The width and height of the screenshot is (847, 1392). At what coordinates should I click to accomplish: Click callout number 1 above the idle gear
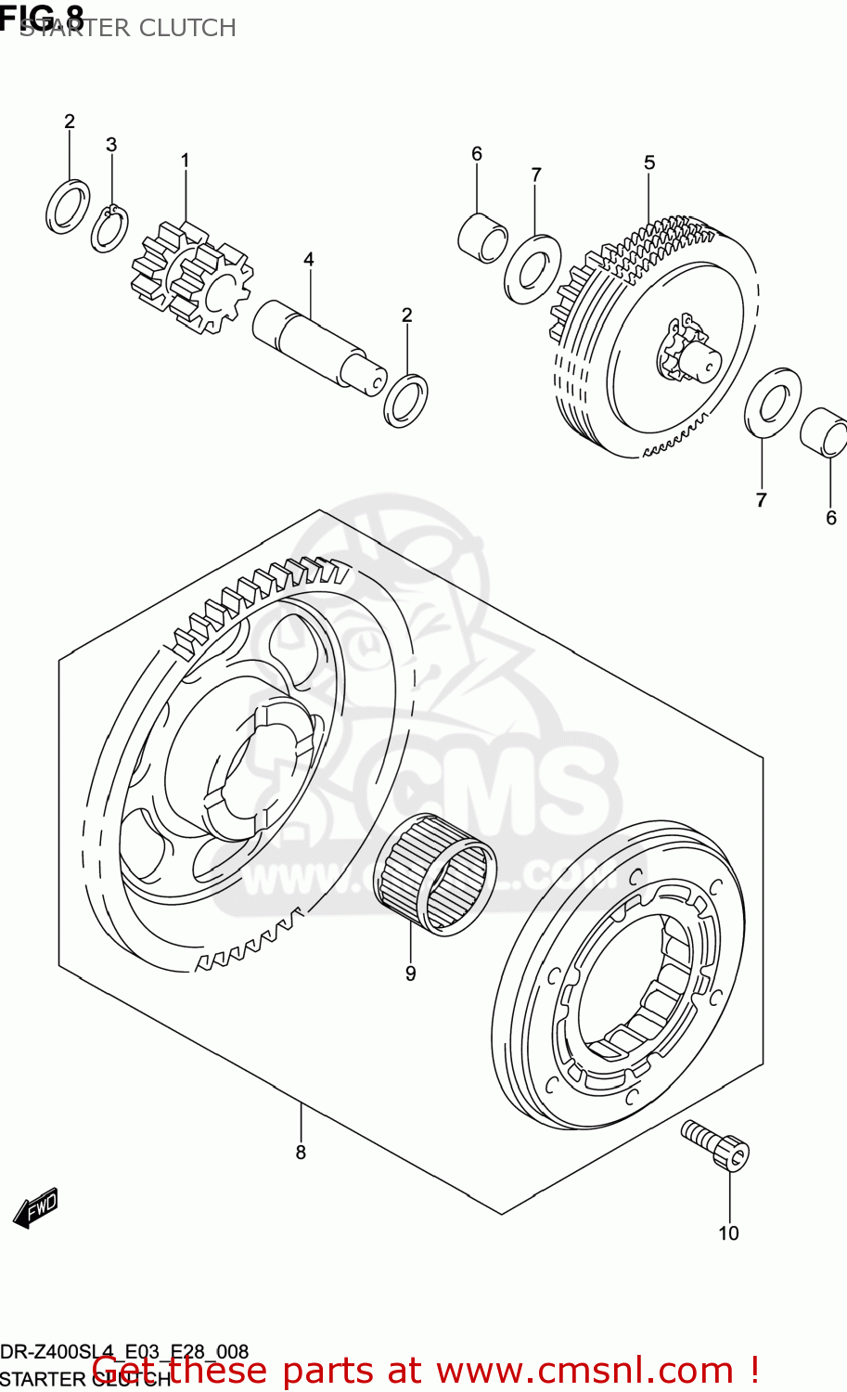point(185,161)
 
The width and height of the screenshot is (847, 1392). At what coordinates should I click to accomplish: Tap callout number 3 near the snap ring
point(111,145)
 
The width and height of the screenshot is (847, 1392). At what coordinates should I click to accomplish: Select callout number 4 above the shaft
point(309,259)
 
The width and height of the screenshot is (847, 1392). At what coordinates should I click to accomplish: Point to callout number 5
point(649,162)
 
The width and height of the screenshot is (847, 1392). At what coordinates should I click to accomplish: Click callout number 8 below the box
point(301,1152)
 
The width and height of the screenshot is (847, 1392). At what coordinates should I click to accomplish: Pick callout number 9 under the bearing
point(410,973)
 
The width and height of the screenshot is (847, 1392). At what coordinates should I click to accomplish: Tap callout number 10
point(728,1232)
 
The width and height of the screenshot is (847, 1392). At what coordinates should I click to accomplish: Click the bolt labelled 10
point(715,1144)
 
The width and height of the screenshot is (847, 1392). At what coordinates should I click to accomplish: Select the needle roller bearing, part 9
point(432,873)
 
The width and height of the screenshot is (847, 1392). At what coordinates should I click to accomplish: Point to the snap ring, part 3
point(109,228)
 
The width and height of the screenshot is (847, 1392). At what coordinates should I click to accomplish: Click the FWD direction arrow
point(36,1208)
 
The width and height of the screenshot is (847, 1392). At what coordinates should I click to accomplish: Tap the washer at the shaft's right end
point(405,400)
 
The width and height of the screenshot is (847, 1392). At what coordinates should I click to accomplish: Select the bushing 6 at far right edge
point(824,432)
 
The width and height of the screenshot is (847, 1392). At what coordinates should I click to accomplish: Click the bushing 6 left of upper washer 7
point(482,238)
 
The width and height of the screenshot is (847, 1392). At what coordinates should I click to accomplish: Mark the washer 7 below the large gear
point(773,402)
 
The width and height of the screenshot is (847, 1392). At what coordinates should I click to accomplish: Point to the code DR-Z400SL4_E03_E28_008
point(124,1351)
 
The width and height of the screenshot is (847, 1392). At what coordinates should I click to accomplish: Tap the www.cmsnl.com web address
point(585,1371)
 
